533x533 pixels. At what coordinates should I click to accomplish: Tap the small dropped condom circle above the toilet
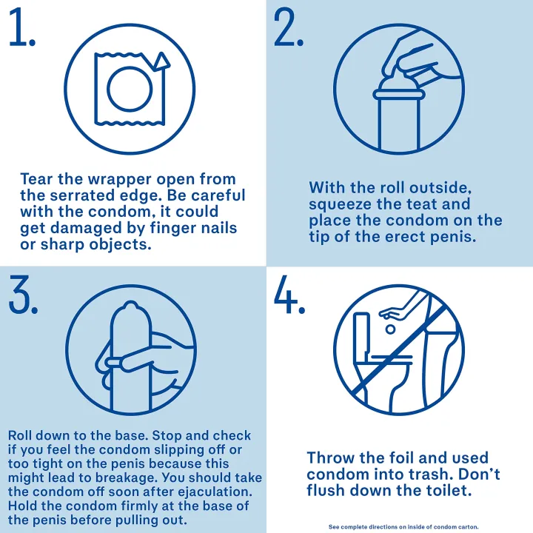coord(391,329)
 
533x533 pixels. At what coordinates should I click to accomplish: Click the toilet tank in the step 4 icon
coord(362,333)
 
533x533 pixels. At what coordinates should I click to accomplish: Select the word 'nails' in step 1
coord(219,228)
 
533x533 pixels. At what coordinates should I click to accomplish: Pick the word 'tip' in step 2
coord(319,238)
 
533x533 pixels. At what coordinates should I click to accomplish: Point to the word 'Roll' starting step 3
coord(20,435)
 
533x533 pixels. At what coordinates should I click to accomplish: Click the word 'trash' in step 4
coord(440,475)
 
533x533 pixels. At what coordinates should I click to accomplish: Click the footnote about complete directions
coord(403,527)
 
